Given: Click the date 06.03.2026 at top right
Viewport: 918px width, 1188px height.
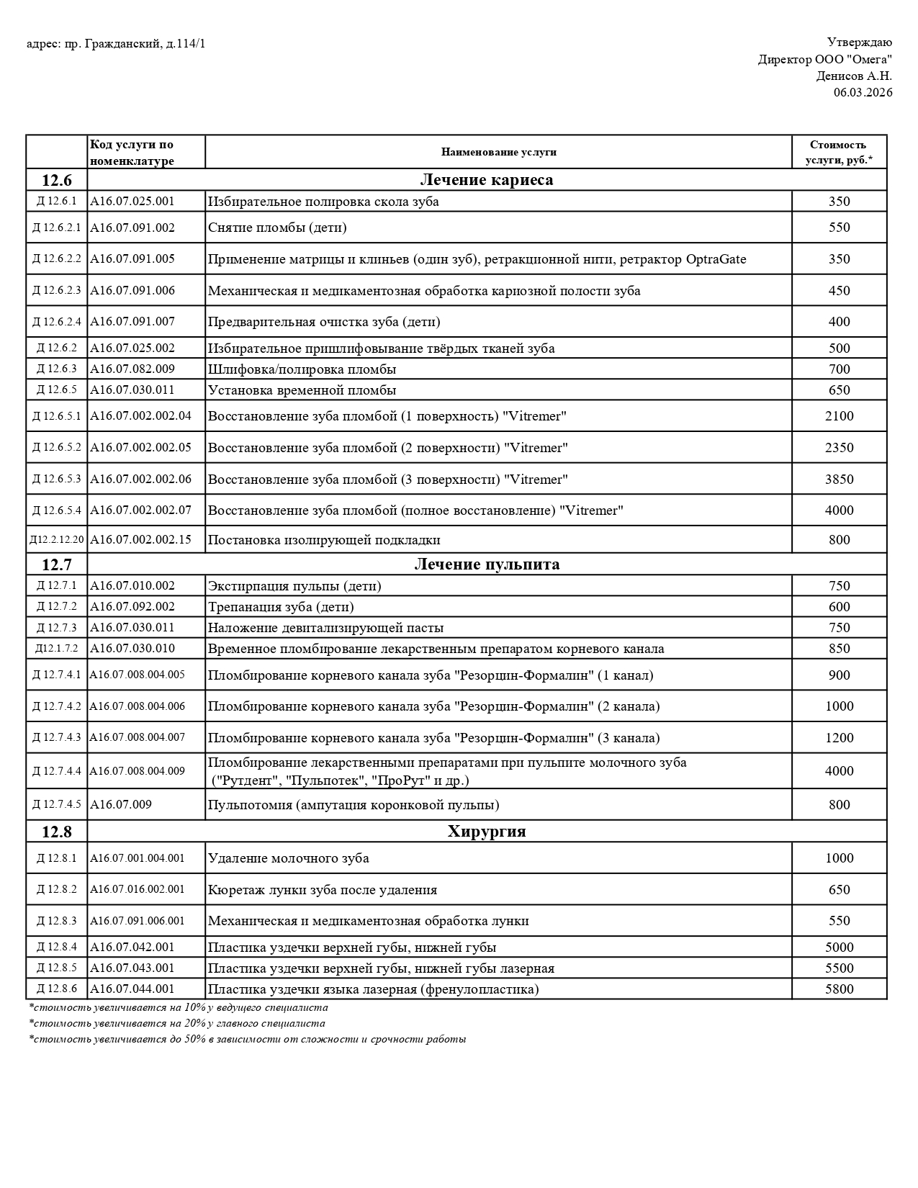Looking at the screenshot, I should [x=863, y=92].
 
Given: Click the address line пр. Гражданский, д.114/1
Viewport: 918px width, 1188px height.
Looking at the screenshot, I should [x=115, y=44].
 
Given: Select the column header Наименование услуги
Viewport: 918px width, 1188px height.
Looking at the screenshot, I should [x=498, y=152].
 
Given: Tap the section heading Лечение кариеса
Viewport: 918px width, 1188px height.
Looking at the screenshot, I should [x=486, y=180].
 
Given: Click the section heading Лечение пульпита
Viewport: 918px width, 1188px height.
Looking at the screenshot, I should [x=486, y=564].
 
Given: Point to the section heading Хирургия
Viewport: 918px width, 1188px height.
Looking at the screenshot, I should [x=486, y=832].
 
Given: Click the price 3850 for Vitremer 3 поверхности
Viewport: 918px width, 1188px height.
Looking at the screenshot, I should [x=839, y=480].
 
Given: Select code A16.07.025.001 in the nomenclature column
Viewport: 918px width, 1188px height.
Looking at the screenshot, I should [x=132, y=201].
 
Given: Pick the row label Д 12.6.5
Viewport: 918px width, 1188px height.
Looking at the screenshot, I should [x=56, y=390].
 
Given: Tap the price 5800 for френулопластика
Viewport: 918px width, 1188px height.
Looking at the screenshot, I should [x=839, y=989].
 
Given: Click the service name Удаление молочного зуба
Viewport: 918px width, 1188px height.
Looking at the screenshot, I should [x=288, y=858].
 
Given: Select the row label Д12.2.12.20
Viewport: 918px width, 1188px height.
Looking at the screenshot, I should [x=56, y=540].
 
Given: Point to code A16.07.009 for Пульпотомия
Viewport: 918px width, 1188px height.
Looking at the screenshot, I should [x=121, y=804].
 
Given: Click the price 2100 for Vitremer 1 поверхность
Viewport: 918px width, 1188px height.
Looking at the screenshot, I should [x=839, y=416].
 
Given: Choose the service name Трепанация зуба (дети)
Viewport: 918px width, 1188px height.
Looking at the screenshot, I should [x=281, y=607].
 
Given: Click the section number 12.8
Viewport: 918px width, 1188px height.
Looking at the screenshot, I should [x=56, y=832].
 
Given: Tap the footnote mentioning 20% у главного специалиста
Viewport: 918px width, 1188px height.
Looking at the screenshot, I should [x=176, y=1023].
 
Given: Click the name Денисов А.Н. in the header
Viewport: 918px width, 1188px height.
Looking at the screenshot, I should [x=854, y=76].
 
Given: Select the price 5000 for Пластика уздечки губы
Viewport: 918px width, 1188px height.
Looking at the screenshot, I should [x=839, y=948].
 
